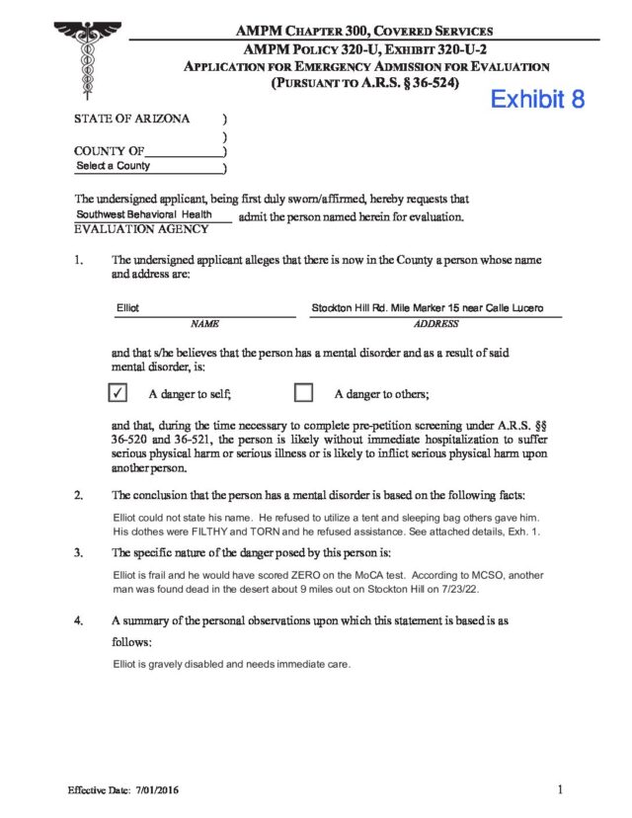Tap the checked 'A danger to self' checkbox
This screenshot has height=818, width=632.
(x=118, y=393)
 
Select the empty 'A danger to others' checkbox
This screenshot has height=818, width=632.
(x=304, y=393)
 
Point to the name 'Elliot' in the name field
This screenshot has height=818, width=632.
(x=128, y=308)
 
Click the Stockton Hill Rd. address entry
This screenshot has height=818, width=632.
(x=427, y=308)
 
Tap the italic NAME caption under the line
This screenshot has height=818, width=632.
(x=204, y=323)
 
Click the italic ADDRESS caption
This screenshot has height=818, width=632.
(x=435, y=323)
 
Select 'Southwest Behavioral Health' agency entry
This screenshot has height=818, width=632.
(x=142, y=214)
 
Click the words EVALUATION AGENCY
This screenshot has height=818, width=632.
(x=141, y=229)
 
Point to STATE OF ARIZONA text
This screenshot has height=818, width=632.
(x=131, y=119)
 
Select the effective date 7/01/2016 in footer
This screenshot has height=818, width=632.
(x=153, y=791)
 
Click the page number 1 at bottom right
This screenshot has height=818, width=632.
(x=559, y=789)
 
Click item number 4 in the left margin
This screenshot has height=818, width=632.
(x=77, y=621)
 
